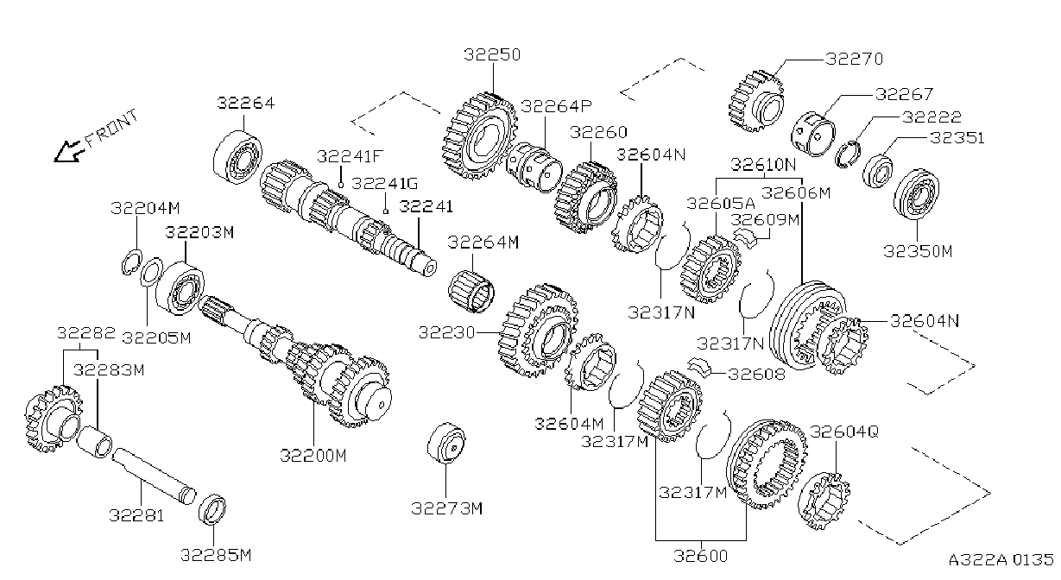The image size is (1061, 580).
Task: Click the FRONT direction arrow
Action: tap(70, 150)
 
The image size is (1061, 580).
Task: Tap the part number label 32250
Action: tap(492, 54)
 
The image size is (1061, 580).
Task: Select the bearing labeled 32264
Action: tap(237, 158)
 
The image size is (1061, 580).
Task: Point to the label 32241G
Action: tap(385, 183)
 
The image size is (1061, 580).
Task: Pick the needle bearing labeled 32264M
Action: tap(471, 291)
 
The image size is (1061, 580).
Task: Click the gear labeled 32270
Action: tap(756, 101)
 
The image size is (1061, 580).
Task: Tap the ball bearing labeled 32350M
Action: tap(917, 193)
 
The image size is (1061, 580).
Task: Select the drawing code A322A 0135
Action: tap(1001, 559)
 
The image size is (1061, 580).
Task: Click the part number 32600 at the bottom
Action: tap(700, 556)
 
